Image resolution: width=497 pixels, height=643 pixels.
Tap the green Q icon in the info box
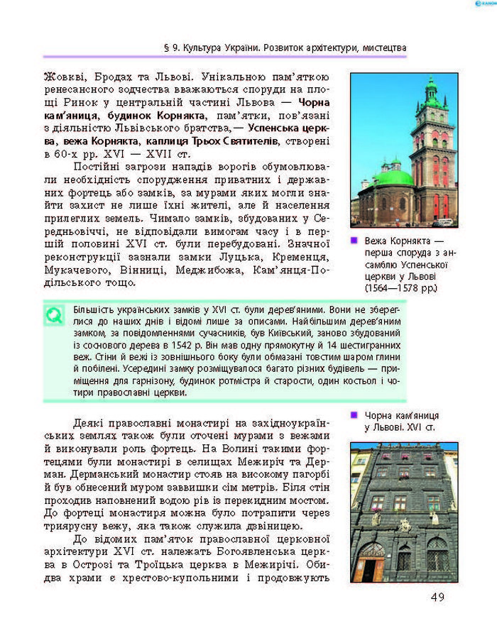tap(54, 315)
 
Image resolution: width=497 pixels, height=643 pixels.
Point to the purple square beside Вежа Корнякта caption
tap(354, 241)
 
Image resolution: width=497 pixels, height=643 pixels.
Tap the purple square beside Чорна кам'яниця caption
tap(354, 414)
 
